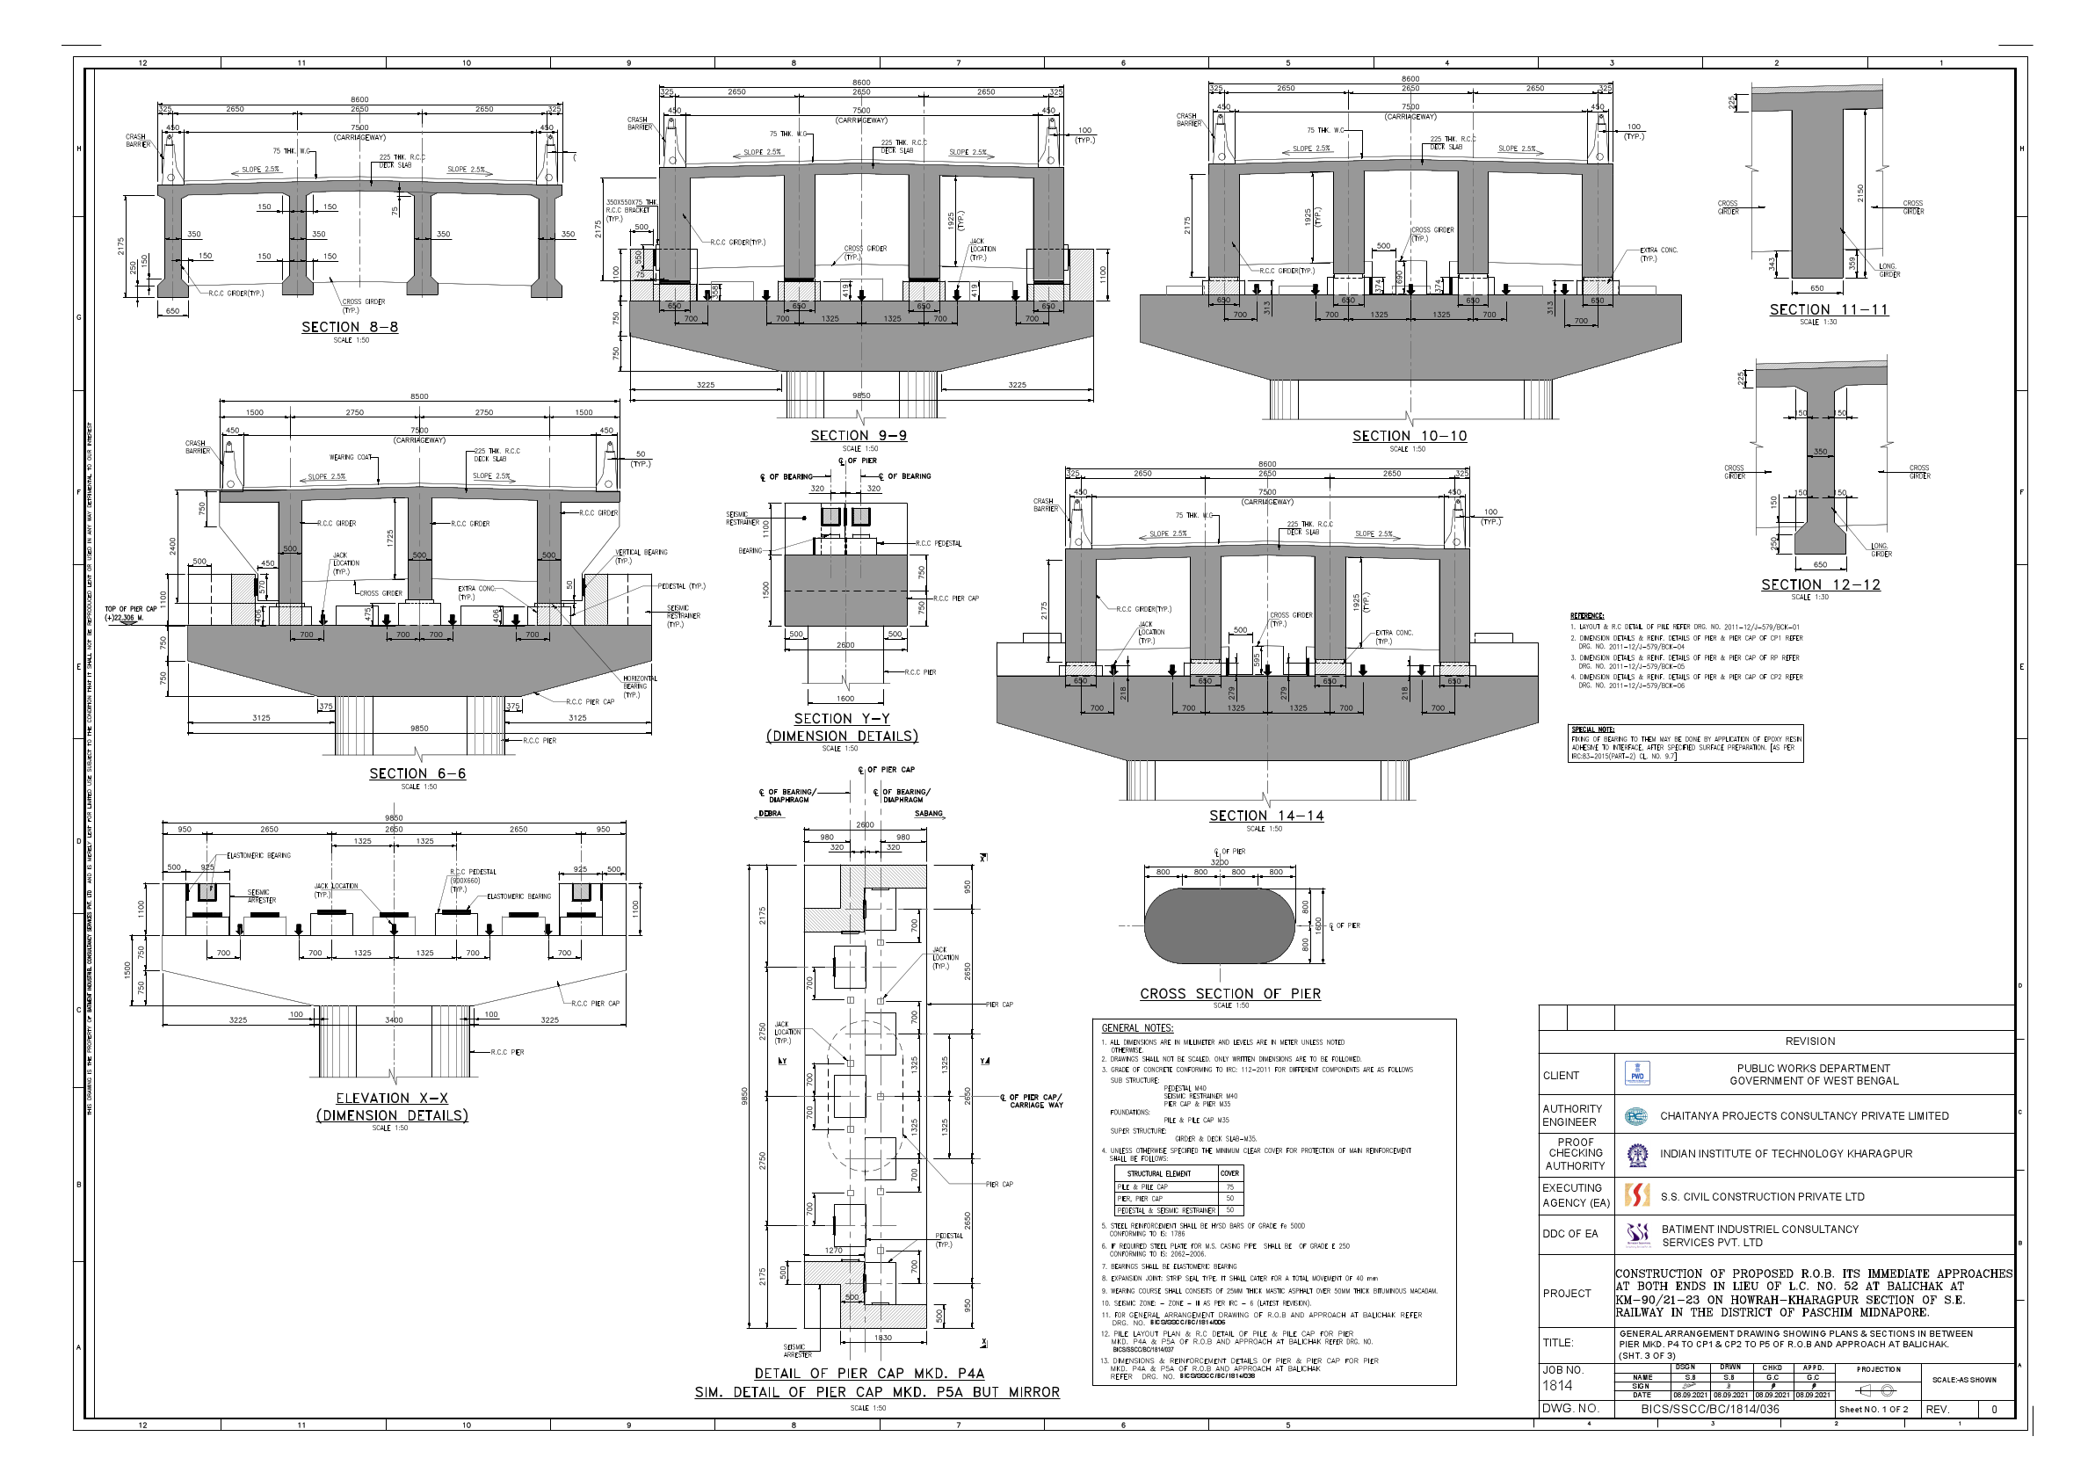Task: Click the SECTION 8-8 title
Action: (x=350, y=327)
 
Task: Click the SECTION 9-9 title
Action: (x=859, y=435)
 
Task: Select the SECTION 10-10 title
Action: (x=1409, y=436)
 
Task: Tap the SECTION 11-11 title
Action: (x=1829, y=309)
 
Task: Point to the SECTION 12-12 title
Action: (x=1820, y=585)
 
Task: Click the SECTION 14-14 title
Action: (x=1265, y=816)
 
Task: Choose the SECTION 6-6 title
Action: (x=417, y=773)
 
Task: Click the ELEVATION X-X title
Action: (x=391, y=1099)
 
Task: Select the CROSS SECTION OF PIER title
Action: (x=1229, y=994)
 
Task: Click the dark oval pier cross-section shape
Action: (x=1219, y=926)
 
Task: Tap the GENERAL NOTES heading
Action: (x=1137, y=1028)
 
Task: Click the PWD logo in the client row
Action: (x=1637, y=1074)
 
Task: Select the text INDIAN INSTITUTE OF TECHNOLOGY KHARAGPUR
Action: (x=1786, y=1154)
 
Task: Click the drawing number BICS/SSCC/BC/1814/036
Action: (x=1710, y=1409)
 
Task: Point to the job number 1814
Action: (x=1557, y=1385)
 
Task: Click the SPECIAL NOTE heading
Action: (x=1592, y=729)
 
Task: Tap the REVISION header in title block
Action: (x=1809, y=1041)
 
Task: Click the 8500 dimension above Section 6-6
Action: (x=419, y=397)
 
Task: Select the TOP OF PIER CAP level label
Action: (x=130, y=613)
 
